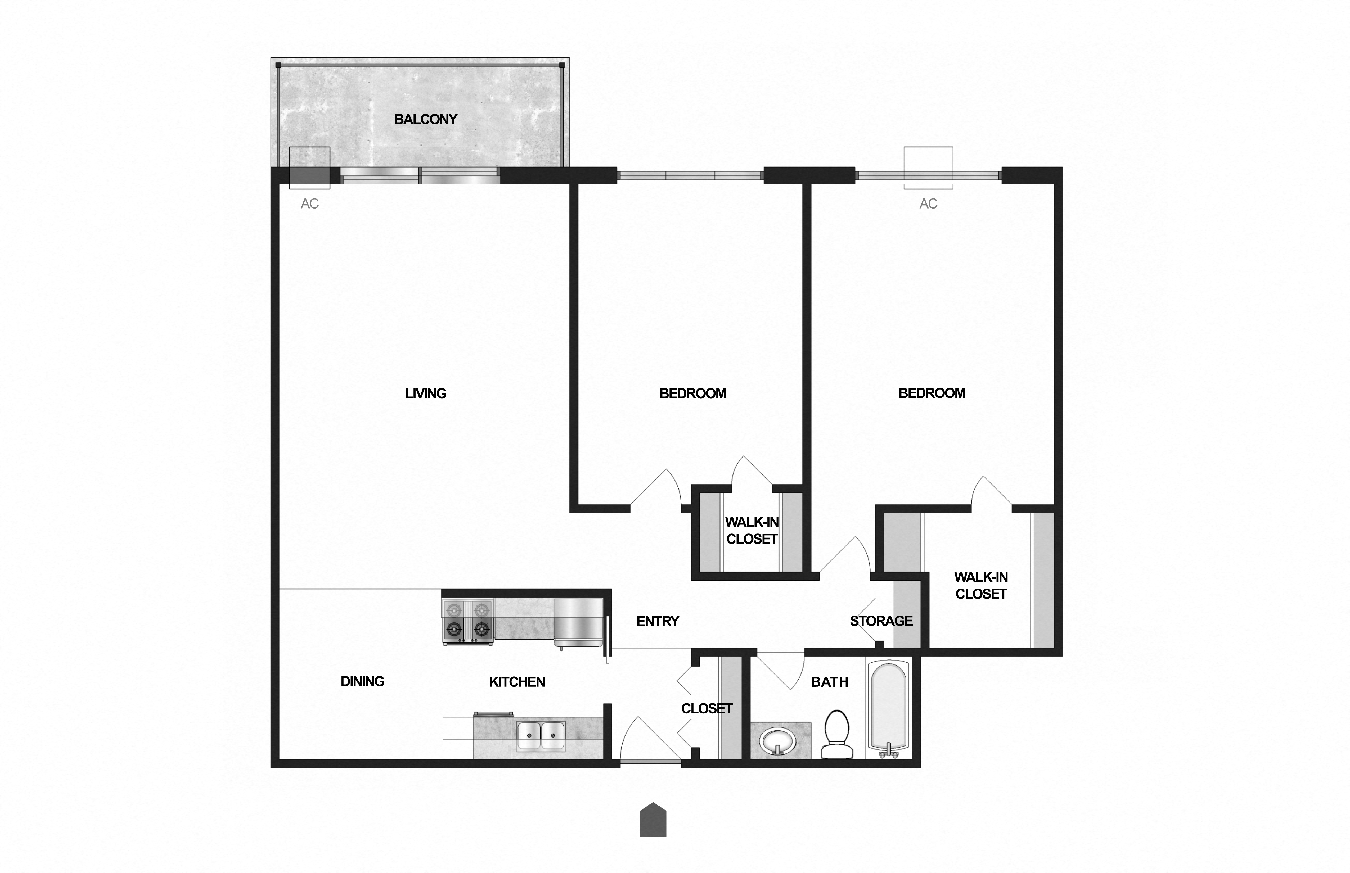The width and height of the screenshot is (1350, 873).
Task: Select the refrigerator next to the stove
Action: click(x=578, y=622)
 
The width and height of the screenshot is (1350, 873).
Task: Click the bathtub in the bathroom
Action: click(x=888, y=709)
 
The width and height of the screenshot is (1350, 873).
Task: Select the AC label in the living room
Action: click(x=310, y=203)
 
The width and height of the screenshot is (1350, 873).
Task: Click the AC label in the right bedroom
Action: click(x=928, y=203)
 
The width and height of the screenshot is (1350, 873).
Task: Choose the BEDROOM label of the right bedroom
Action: click(x=931, y=393)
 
